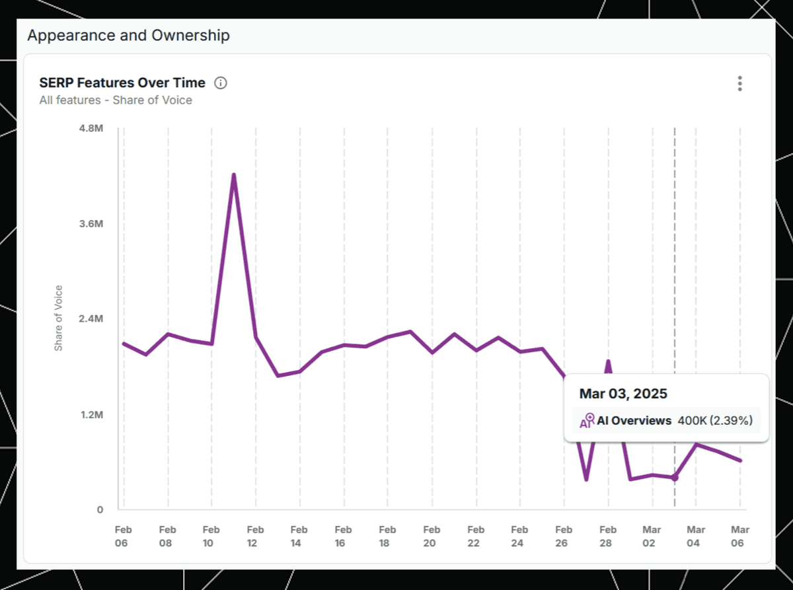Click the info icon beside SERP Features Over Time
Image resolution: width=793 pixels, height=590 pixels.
click(x=221, y=83)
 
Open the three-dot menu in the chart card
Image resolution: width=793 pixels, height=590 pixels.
click(x=739, y=83)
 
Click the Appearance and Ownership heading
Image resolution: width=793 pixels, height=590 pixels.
click(x=128, y=36)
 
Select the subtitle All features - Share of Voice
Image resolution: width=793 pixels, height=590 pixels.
click(x=116, y=100)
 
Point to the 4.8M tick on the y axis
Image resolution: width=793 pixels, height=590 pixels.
click(x=91, y=128)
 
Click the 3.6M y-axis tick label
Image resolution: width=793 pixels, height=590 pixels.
click(x=91, y=223)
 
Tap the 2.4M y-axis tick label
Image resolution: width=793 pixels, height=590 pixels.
click(x=91, y=318)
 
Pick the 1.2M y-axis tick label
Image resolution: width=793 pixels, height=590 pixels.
click(x=91, y=414)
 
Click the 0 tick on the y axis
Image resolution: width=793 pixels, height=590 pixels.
click(x=100, y=509)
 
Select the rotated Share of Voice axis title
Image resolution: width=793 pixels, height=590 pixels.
click(x=58, y=318)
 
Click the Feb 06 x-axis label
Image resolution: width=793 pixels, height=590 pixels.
click(x=123, y=536)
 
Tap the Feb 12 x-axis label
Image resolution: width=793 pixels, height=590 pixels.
click(x=255, y=536)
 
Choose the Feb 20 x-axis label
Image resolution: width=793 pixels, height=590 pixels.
click(x=432, y=536)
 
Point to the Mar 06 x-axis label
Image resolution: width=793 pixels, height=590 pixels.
click(x=739, y=536)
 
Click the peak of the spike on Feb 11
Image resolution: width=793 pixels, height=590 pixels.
click(x=234, y=175)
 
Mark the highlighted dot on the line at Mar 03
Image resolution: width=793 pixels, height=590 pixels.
click(x=675, y=478)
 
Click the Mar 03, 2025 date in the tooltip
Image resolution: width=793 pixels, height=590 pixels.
click(x=623, y=394)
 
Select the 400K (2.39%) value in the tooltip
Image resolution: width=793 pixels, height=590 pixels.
click(x=715, y=421)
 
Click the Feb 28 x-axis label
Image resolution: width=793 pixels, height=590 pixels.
click(x=608, y=536)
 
